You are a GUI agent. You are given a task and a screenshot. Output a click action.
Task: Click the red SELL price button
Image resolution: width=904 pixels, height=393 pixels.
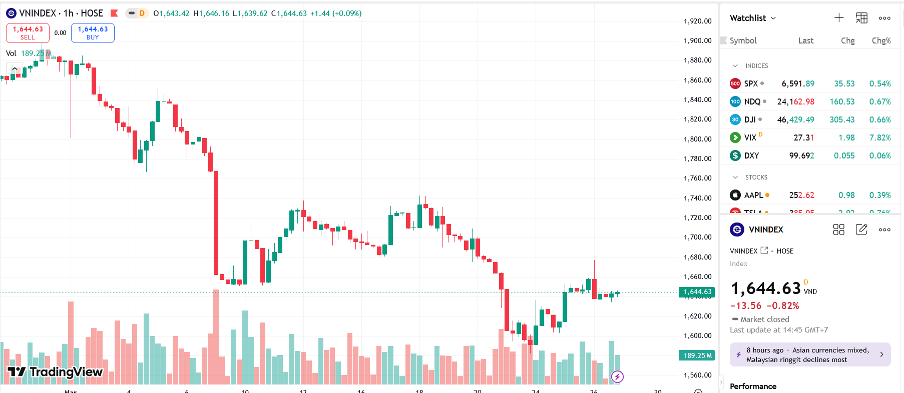point(28,33)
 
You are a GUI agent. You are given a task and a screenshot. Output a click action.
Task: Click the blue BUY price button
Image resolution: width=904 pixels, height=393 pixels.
point(93,33)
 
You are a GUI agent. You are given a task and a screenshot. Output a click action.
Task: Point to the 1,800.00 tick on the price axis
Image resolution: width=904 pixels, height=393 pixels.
point(697,139)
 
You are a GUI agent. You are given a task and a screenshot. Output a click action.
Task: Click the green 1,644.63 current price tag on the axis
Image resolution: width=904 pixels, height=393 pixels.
point(697,292)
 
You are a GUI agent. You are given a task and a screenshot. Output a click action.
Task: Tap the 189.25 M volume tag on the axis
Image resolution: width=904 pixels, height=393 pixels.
point(697,355)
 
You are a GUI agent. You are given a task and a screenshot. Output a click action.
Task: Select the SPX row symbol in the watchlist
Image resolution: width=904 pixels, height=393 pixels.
point(750,83)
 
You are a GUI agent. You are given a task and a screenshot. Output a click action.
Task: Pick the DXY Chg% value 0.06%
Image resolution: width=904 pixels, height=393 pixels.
point(879,155)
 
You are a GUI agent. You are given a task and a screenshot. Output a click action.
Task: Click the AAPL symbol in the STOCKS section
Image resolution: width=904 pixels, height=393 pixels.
point(753,195)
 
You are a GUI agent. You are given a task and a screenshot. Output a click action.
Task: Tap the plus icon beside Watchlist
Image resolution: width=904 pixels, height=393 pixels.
point(839,18)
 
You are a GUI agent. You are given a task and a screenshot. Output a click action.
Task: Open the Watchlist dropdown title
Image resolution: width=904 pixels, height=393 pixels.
point(752,18)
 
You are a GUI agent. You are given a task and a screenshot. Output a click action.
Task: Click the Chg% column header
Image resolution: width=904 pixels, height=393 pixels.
point(881,40)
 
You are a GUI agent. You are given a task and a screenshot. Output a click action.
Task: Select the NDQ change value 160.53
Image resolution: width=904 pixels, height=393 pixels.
point(842,101)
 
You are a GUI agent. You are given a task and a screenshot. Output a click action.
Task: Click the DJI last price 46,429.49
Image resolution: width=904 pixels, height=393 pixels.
point(795,119)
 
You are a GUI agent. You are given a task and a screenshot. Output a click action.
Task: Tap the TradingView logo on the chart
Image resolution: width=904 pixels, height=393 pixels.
point(55,371)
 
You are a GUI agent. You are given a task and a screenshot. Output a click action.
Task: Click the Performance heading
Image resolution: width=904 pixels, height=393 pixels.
point(753,386)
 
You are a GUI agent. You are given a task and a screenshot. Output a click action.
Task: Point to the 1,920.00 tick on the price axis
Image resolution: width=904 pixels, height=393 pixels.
point(697,21)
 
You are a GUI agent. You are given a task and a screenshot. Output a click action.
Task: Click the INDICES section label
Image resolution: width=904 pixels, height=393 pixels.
point(756,65)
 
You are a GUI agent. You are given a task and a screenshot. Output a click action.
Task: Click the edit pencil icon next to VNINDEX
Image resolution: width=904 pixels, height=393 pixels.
point(861,229)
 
